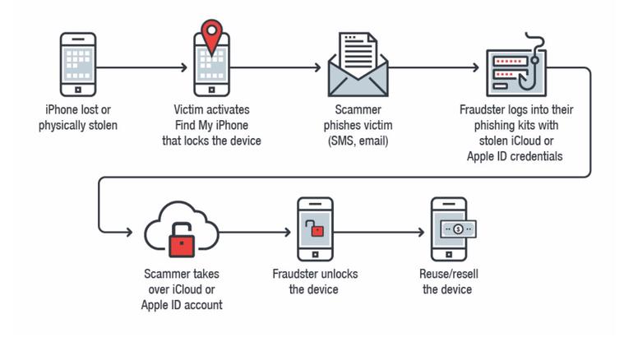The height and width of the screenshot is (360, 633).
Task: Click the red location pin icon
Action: tap(212, 36)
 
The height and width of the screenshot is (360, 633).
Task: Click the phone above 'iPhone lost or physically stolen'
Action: tap(78, 64)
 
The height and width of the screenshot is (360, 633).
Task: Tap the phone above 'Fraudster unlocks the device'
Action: tap(315, 229)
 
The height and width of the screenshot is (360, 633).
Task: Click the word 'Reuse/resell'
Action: tap(447, 274)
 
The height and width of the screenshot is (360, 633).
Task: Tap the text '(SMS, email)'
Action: tap(358, 141)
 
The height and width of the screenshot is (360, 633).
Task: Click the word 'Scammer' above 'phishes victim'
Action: tap(358, 109)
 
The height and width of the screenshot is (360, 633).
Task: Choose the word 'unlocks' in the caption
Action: tap(340, 274)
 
